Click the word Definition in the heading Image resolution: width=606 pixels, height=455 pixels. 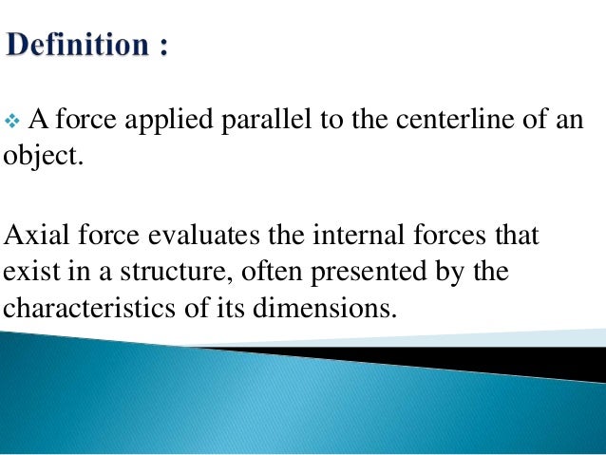76,44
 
